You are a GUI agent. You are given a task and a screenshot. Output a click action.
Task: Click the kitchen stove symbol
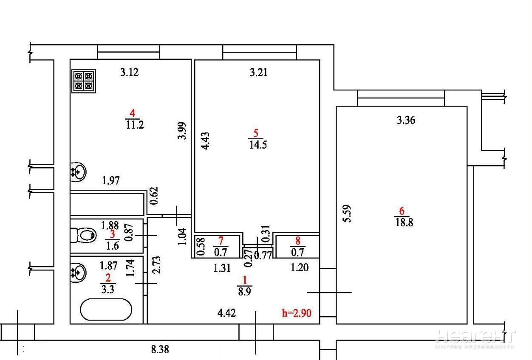(x=84, y=81)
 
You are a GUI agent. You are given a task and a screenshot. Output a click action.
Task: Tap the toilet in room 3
(x=83, y=235)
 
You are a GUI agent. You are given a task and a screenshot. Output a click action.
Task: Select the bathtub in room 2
(x=106, y=309)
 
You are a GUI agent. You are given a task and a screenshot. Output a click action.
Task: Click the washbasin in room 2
(x=78, y=273)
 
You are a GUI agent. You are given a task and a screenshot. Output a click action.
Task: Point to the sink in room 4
(x=78, y=172)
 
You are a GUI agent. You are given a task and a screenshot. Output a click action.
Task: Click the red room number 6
(x=402, y=211)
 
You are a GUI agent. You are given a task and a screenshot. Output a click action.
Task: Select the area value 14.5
(x=258, y=144)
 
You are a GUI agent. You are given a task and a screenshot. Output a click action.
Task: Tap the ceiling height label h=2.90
(x=297, y=313)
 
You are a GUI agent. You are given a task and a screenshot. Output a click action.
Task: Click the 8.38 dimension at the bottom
(x=160, y=349)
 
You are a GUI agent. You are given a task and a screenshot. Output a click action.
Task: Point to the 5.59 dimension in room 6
(x=347, y=214)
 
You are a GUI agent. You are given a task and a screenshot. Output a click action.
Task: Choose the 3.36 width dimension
(x=406, y=120)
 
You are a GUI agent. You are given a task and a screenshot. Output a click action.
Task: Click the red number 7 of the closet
(x=221, y=241)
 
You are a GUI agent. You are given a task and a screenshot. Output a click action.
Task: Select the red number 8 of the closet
(x=298, y=241)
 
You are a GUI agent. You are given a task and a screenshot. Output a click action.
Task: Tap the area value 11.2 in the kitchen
(x=135, y=124)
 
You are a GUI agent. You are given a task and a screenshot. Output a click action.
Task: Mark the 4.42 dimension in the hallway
(x=226, y=313)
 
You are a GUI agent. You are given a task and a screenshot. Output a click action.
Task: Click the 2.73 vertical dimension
(x=156, y=265)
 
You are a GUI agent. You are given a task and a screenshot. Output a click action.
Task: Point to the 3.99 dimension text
(x=182, y=131)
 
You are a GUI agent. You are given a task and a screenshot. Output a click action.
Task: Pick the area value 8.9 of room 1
(x=244, y=292)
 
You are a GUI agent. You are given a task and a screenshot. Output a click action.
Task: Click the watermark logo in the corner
(x=475, y=339)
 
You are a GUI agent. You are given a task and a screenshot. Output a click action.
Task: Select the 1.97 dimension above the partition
(x=110, y=180)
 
